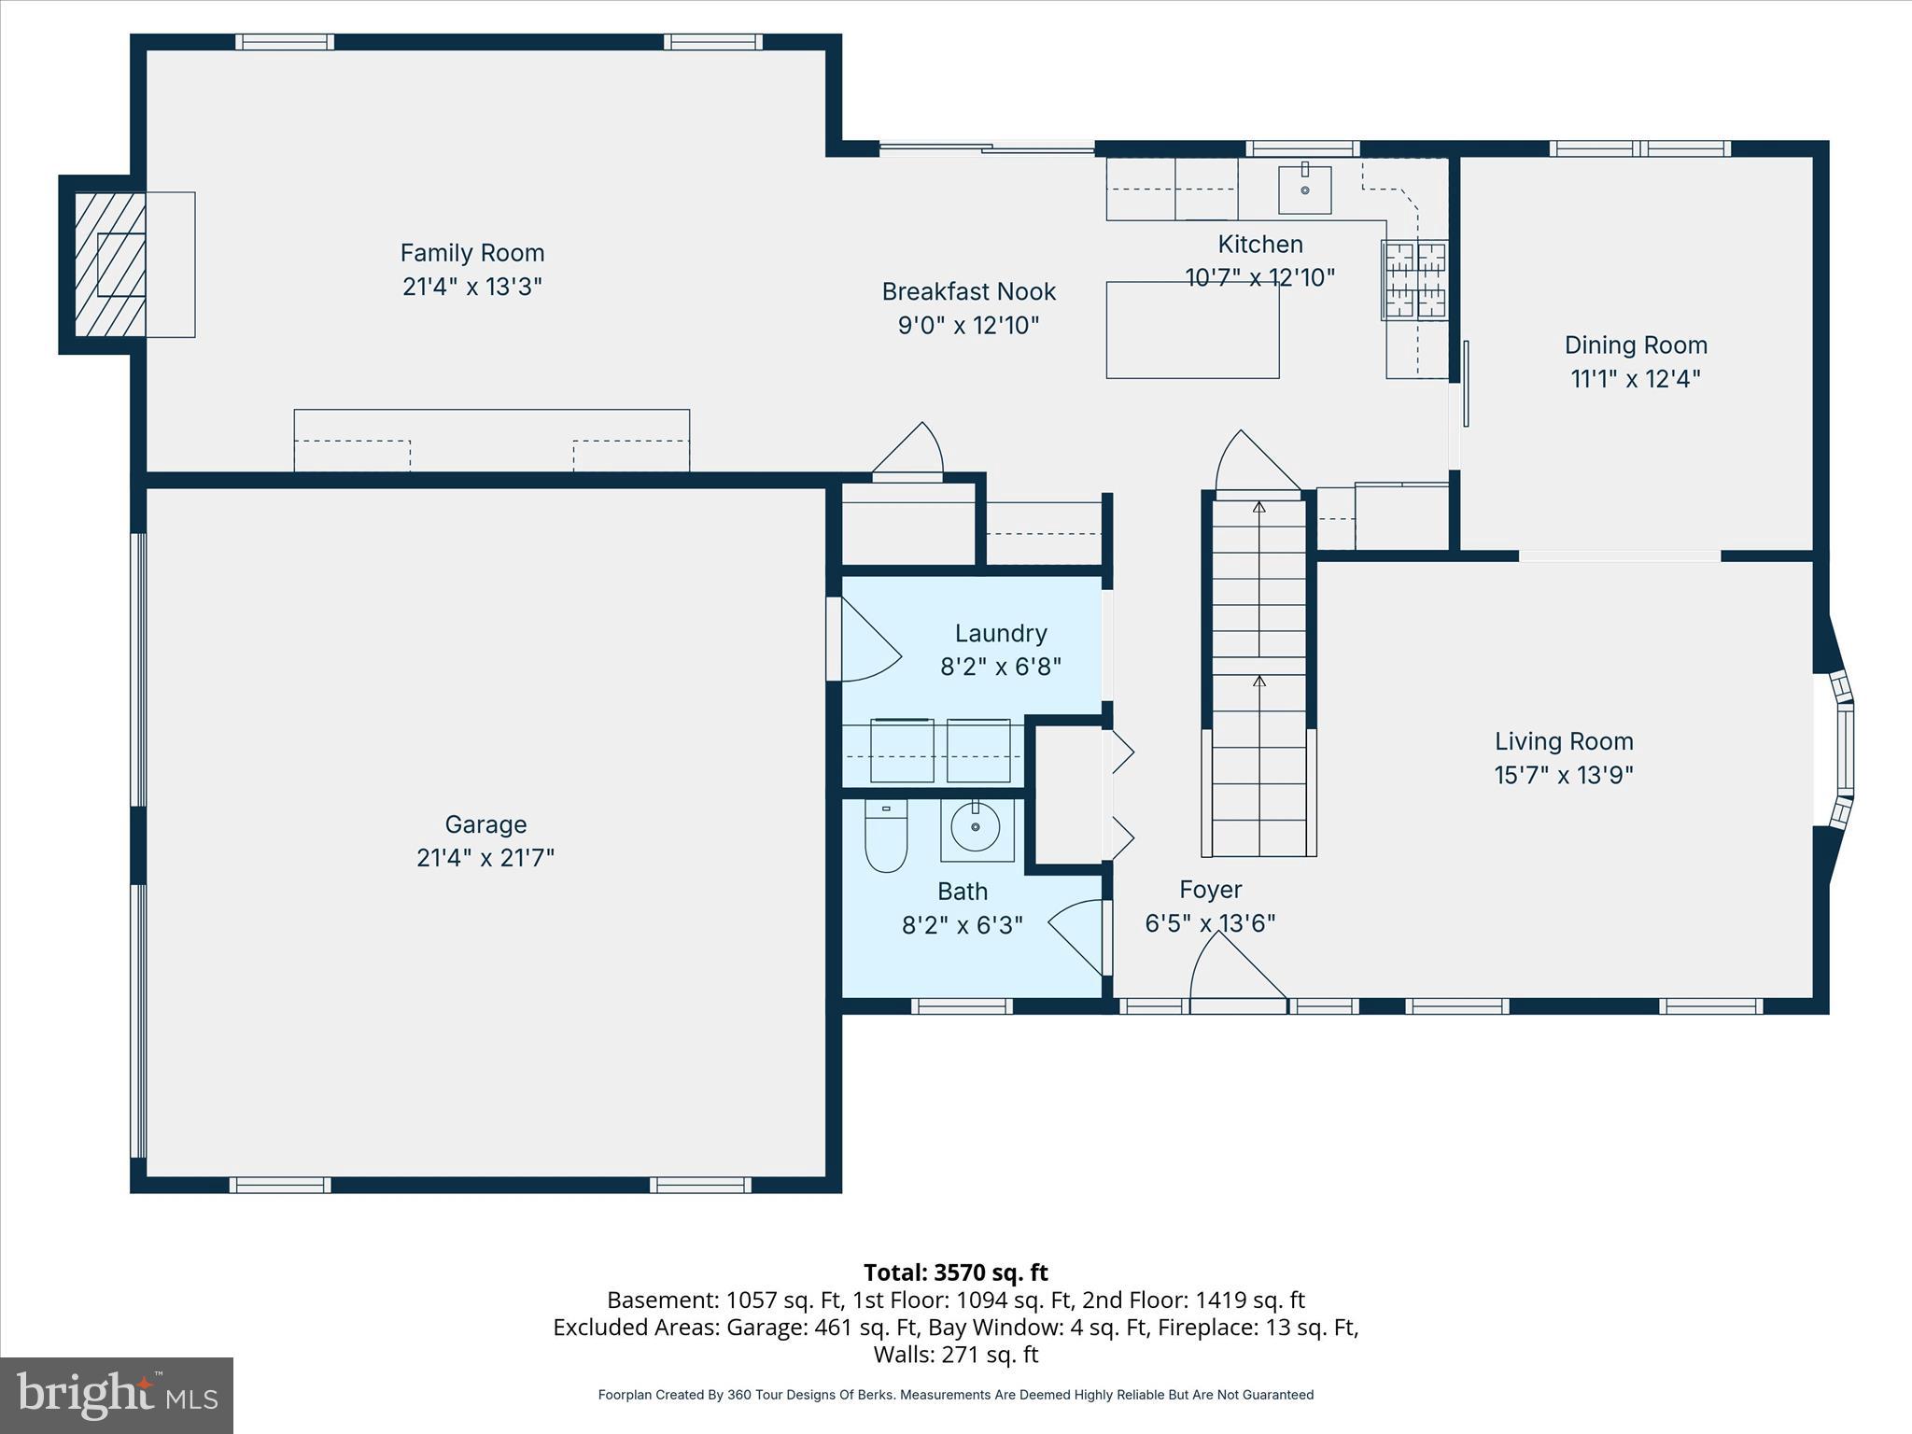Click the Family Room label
tap(471, 253)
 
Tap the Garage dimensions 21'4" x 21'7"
tap(485, 857)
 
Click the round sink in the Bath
tap(976, 827)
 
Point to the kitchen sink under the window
tap(1304, 189)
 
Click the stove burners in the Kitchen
tap(1415, 279)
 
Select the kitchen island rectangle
tap(1192, 330)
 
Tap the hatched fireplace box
tap(110, 264)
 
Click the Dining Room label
tap(1636, 345)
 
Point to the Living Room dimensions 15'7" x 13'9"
tap(1564, 775)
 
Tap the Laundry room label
tap(1000, 633)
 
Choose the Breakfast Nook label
tap(968, 291)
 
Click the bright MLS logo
tap(117, 1396)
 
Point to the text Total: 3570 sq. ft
tap(955, 1272)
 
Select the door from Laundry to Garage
tap(864, 640)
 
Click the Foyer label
tap(1210, 890)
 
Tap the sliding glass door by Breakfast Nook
tap(987, 147)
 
